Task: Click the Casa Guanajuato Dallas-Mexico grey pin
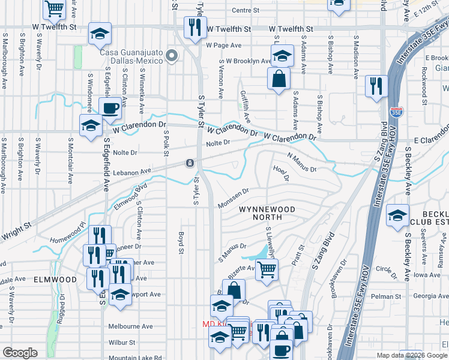pos(172,56)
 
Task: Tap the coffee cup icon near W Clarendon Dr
pos(110,109)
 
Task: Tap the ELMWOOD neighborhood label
pos(55,280)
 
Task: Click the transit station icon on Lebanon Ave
pos(190,163)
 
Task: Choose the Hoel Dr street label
pos(281,174)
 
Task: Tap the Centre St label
pos(245,10)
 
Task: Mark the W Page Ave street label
pos(223,45)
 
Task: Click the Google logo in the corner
pos(20,353)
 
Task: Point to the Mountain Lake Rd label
pos(136,358)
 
